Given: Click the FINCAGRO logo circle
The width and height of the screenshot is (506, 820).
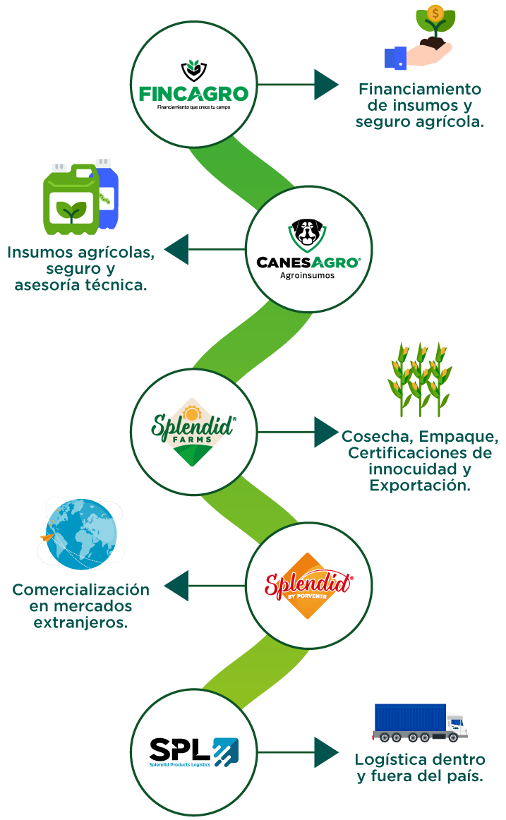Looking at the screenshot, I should (193, 84).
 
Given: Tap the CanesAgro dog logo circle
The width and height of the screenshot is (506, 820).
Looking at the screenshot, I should (308, 249).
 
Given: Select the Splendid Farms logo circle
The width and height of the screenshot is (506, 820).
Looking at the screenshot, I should (193, 431).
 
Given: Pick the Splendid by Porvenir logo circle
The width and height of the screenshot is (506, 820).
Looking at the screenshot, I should (308, 586).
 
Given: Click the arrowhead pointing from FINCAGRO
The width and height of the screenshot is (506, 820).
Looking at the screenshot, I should (326, 84).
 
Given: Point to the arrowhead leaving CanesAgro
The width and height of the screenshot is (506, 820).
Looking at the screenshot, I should (176, 249).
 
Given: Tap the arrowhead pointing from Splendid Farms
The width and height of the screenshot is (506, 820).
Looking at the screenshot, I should (326, 431).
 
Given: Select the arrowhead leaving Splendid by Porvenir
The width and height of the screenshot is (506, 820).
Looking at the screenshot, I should (176, 586).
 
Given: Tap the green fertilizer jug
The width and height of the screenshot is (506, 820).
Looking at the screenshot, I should (71, 201).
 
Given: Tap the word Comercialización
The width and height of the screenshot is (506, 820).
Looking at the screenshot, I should (81, 590).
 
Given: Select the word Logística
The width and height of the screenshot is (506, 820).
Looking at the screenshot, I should (390, 760).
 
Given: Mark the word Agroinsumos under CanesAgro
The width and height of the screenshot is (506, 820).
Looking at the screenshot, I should (308, 275).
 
